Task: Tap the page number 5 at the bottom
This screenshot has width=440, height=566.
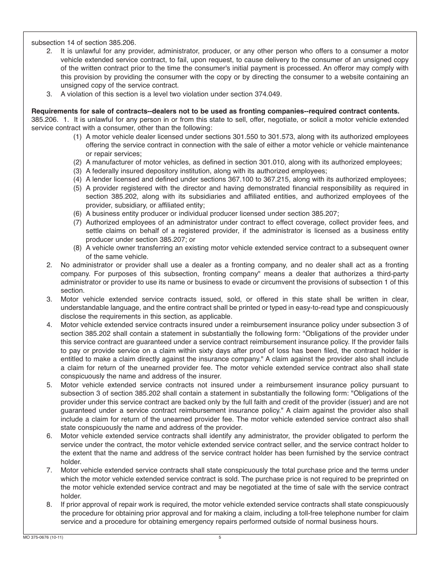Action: [220, 537]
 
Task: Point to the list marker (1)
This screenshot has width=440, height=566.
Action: [77, 137]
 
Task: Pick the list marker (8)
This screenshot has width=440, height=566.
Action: [77, 248]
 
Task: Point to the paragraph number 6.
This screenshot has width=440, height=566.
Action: [49, 436]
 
